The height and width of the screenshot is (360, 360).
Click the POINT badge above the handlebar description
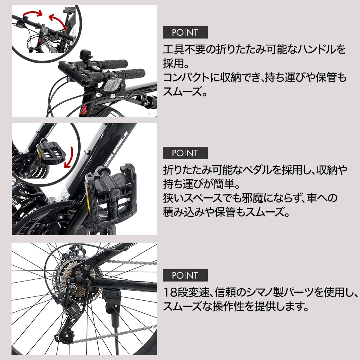click(185, 32)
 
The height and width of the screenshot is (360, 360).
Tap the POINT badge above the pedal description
click(185, 153)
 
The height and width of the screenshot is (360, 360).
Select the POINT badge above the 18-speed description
click(185, 275)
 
